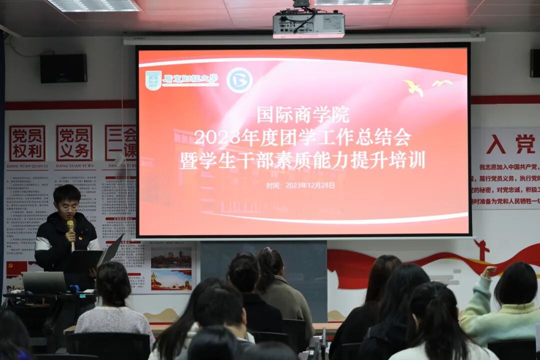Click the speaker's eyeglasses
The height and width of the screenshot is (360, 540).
[x=67, y=206]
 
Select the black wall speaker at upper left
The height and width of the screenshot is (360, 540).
[x=63, y=68]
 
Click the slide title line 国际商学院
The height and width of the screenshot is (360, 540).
[x=303, y=115]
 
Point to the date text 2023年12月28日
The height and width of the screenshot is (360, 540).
[x=310, y=185]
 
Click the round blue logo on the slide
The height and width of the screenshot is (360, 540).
[x=239, y=80]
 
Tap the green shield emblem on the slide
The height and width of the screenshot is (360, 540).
[x=153, y=80]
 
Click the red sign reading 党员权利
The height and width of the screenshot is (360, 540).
[x=27, y=143]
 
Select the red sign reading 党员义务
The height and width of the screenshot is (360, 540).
[x=74, y=143]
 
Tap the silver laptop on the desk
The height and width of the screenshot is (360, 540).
[x=44, y=282]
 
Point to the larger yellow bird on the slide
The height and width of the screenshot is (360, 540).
[x=414, y=88]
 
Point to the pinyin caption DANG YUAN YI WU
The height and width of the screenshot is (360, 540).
[x=74, y=166]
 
